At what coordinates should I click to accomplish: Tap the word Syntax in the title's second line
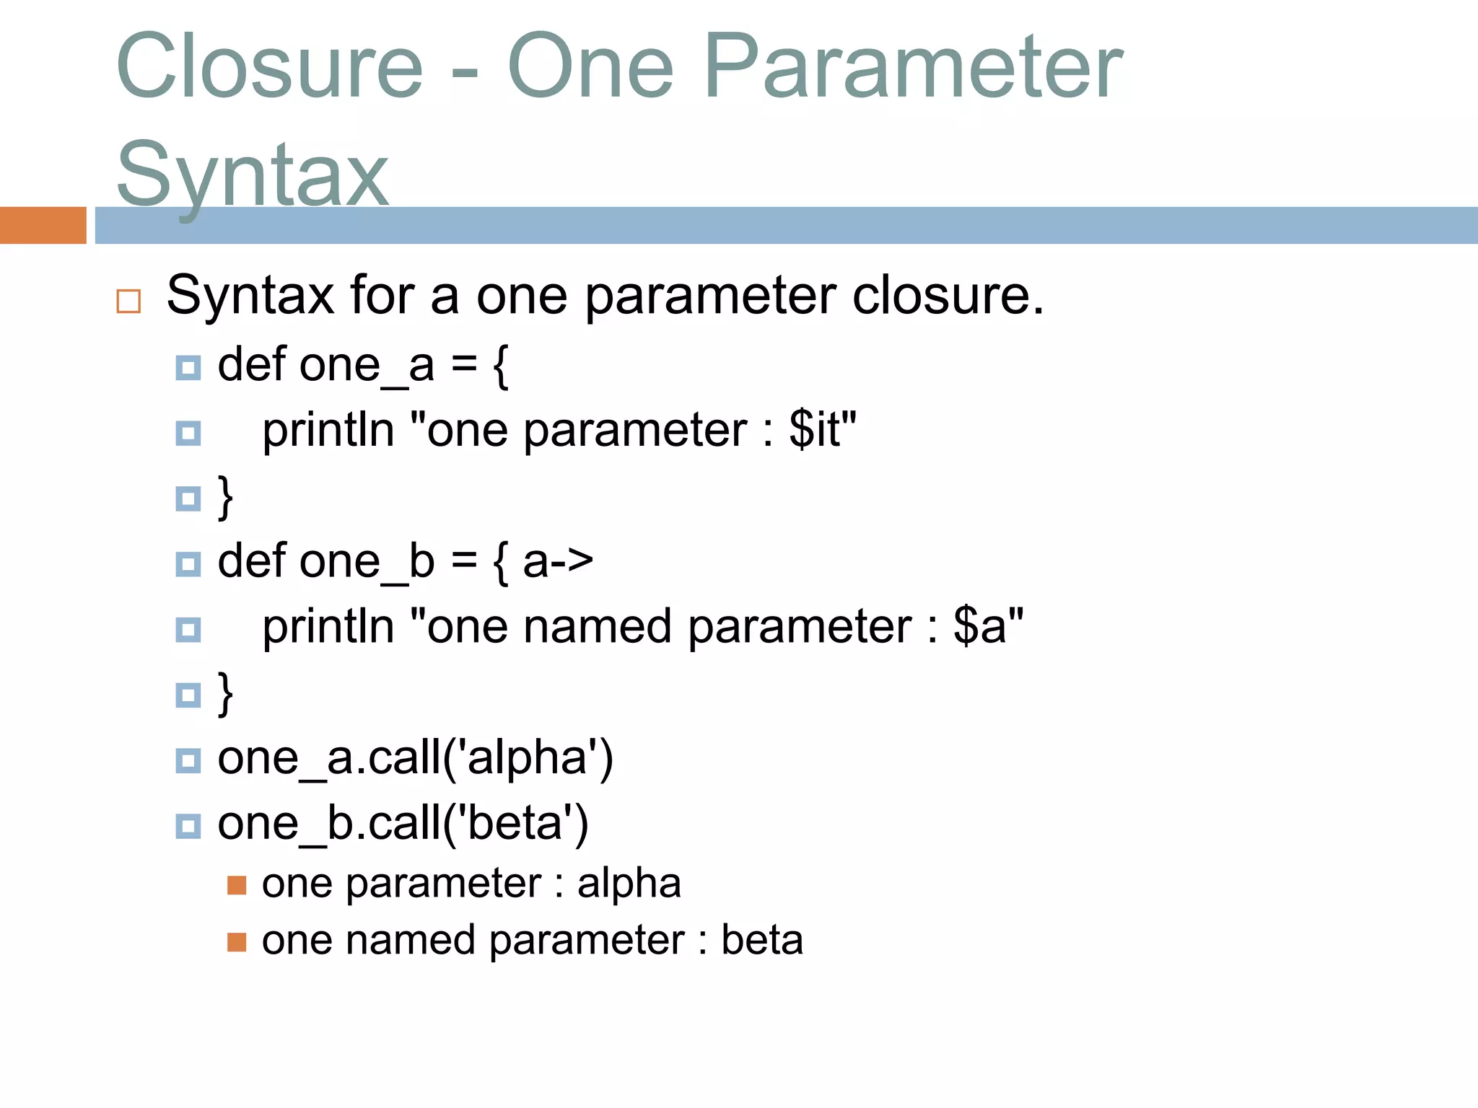coord(253,175)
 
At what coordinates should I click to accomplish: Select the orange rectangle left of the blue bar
coord(43,225)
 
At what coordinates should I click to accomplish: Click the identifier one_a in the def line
coord(367,365)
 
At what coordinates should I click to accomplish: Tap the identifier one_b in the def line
coord(367,562)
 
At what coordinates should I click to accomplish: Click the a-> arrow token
coord(558,562)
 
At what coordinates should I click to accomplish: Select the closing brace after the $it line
coord(226,497)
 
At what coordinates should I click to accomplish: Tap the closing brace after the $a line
coord(226,694)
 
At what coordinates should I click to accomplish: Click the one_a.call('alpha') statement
coord(415,758)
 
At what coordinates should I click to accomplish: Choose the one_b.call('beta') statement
coord(403,824)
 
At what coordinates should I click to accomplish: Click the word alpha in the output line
coord(629,884)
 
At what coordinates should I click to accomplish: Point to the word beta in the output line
coord(762,941)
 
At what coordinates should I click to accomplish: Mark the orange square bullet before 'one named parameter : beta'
coord(237,942)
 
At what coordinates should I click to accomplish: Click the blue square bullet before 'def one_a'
coord(188,368)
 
